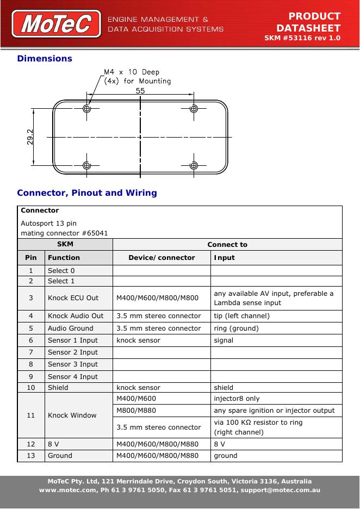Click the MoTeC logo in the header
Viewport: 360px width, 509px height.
point(60,24)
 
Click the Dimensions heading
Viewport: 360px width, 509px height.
point(45,58)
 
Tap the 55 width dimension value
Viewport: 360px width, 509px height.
point(140,91)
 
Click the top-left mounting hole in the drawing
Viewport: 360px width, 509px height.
point(86,109)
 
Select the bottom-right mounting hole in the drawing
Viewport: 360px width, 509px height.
point(193,165)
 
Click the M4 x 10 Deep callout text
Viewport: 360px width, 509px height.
point(132,72)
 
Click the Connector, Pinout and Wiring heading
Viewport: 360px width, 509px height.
point(87,193)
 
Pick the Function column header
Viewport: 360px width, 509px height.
point(64,258)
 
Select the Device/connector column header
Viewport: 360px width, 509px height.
point(162,258)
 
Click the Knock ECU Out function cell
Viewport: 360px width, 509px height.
point(73,298)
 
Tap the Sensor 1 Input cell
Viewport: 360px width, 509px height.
point(73,340)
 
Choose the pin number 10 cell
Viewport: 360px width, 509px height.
point(31,388)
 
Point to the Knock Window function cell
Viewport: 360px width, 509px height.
point(72,415)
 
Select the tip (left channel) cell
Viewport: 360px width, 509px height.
point(241,316)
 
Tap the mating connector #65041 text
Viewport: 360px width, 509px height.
point(64,233)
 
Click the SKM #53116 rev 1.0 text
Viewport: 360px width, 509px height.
point(302,39)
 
